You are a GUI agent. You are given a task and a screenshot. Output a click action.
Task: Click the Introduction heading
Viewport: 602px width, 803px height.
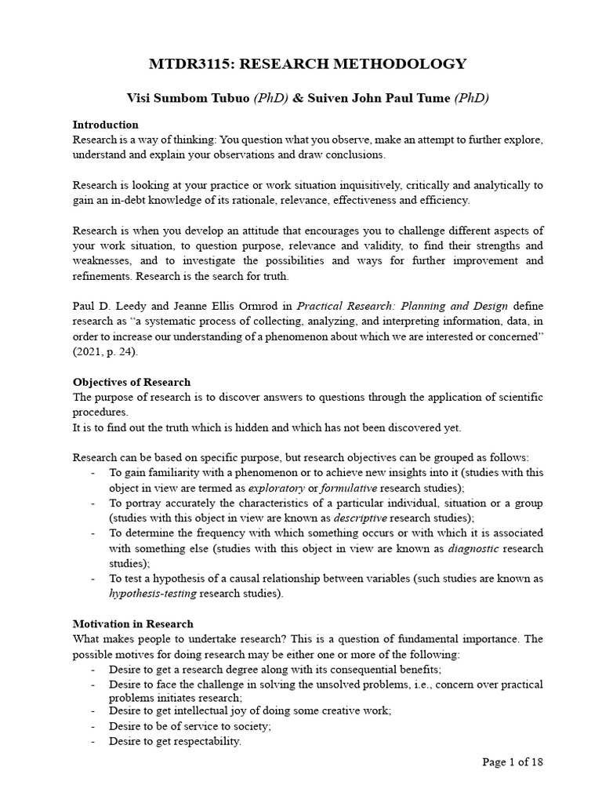click(x=105, y=125)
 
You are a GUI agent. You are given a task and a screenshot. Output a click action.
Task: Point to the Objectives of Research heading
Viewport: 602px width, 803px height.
click(x=132, y=382)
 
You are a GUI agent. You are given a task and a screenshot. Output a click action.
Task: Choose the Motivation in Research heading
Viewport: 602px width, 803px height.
click(x=132, y=623)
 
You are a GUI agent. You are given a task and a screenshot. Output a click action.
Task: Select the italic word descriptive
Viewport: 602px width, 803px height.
click(x=360, y=518)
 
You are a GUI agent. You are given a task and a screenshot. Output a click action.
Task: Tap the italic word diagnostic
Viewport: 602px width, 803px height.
click(x=473, y=548)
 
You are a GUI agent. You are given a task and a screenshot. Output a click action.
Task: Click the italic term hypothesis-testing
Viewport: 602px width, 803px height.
click(x=153, y=594)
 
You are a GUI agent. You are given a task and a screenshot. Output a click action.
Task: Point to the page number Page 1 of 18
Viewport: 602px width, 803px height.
click(x=513, y=761)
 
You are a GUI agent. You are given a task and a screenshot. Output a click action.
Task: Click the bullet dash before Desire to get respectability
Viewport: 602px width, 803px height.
click(x=94, y=741)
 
